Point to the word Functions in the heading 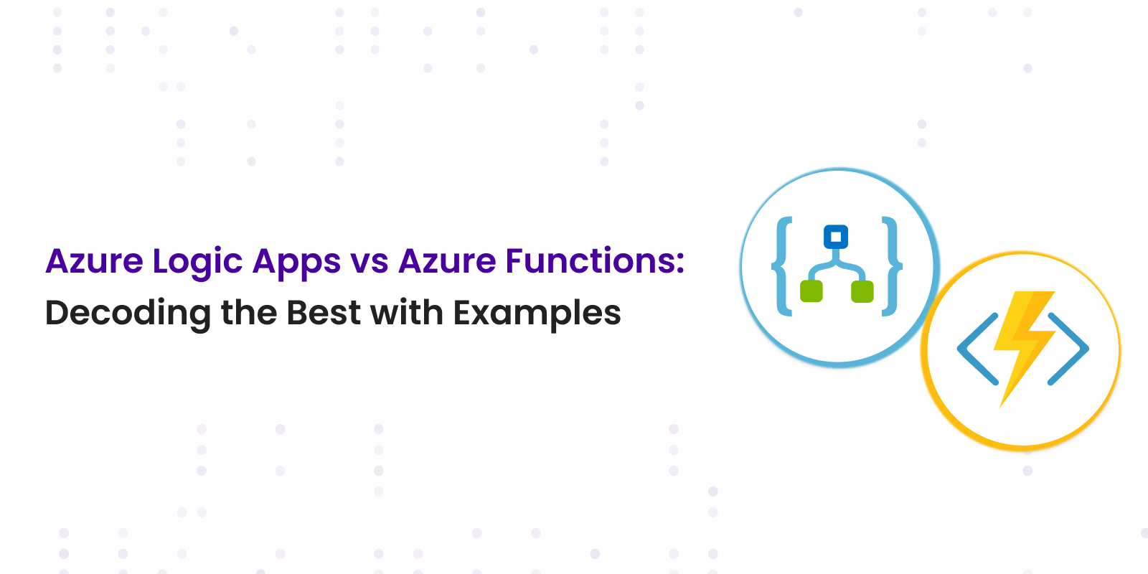tap(589, 261)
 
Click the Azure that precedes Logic tap(94, 261)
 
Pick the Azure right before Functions tap(447, 261)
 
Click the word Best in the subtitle tap(324, 312)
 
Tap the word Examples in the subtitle tap(537, 314)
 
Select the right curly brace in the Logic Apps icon tap(892, 266)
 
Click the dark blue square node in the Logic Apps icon tap(836, 237)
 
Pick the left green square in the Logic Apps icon tap(811, 291)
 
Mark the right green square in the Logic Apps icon tap(862, 291)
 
